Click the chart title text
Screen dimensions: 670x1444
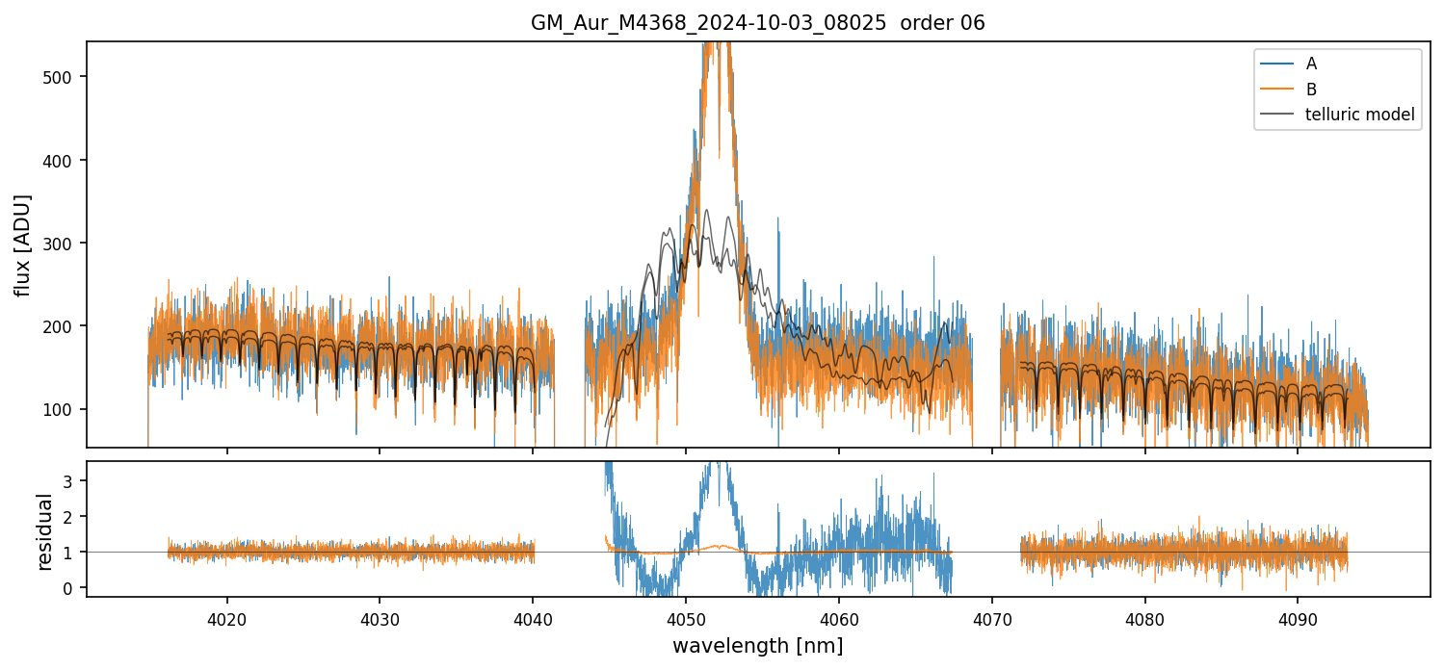pyautogui.click(x=757, y=23)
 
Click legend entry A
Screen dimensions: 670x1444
pyautogui.click(x=1311, y=64)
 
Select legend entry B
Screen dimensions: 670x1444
pyautogui.click(x=1311, y=90)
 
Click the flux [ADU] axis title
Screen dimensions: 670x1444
pyautogui.click(x=22, y=245)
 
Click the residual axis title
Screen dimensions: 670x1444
pyautogui.click(x=44, y=531)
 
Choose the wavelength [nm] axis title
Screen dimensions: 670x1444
pyautogui.click(x=757, y=645)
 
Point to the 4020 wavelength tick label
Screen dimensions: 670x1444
pyautogui.click(x=226, y=618)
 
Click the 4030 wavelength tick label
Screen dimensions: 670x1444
pyautogui.click(x=380, y=618)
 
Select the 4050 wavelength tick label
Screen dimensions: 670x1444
pyautogui.click(x=685, y=618)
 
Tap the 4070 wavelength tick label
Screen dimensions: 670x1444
pyautogui.click(x=991, y=618)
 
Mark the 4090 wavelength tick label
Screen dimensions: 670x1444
pyautogui.click(x=1297, y=618)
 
